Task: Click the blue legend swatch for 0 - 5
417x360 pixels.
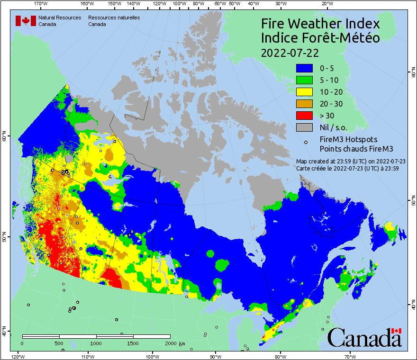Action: [305, 68]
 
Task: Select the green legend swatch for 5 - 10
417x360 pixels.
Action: [305, 80]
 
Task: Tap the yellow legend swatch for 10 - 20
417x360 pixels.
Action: [305, 92]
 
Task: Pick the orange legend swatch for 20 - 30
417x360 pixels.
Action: [305, 104]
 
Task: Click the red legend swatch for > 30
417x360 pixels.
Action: [305, 116]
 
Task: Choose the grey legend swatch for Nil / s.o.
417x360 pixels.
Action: [305, 127]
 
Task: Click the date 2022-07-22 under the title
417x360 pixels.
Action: [290, 53]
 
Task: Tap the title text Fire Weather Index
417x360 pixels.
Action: [320, 24]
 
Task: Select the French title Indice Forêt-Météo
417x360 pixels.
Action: [320, 38]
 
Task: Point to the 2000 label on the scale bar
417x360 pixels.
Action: [171, 343]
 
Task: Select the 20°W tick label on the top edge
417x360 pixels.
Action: [326, 4]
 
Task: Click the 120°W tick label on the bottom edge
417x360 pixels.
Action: [18, 356]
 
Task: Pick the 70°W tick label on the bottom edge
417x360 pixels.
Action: [350, 356]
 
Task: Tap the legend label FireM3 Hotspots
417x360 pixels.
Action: [349, 139]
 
